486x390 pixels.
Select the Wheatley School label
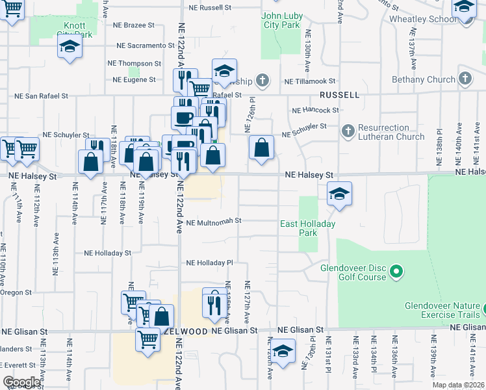click(432, 19)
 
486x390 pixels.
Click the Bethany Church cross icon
click(464, 79)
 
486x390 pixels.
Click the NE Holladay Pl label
click(209, 263)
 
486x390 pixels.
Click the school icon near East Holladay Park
click(339, 194)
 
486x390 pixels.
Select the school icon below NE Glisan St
click(283, 351)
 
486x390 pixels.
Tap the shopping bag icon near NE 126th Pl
click(261, 148)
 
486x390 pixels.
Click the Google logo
click(21, 382)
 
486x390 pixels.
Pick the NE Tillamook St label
click(310, 81)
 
